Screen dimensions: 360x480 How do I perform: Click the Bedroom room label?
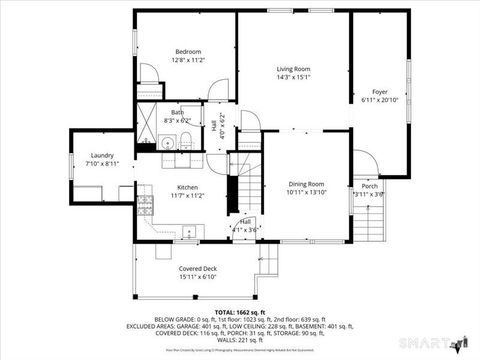point(189,52)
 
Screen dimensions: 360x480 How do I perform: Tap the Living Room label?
point(294,68)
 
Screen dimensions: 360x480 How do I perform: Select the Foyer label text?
point(380,91)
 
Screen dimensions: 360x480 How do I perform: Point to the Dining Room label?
point(306,184)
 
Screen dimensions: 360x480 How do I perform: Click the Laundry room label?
point(101,155)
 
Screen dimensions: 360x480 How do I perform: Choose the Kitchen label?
point(187,187)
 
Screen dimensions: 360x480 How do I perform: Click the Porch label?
point(369,186)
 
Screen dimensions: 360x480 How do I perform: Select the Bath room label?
point(177,112)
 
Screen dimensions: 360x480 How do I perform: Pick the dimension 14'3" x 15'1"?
point(294,77)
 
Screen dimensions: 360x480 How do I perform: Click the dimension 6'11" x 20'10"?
point(380,100)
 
